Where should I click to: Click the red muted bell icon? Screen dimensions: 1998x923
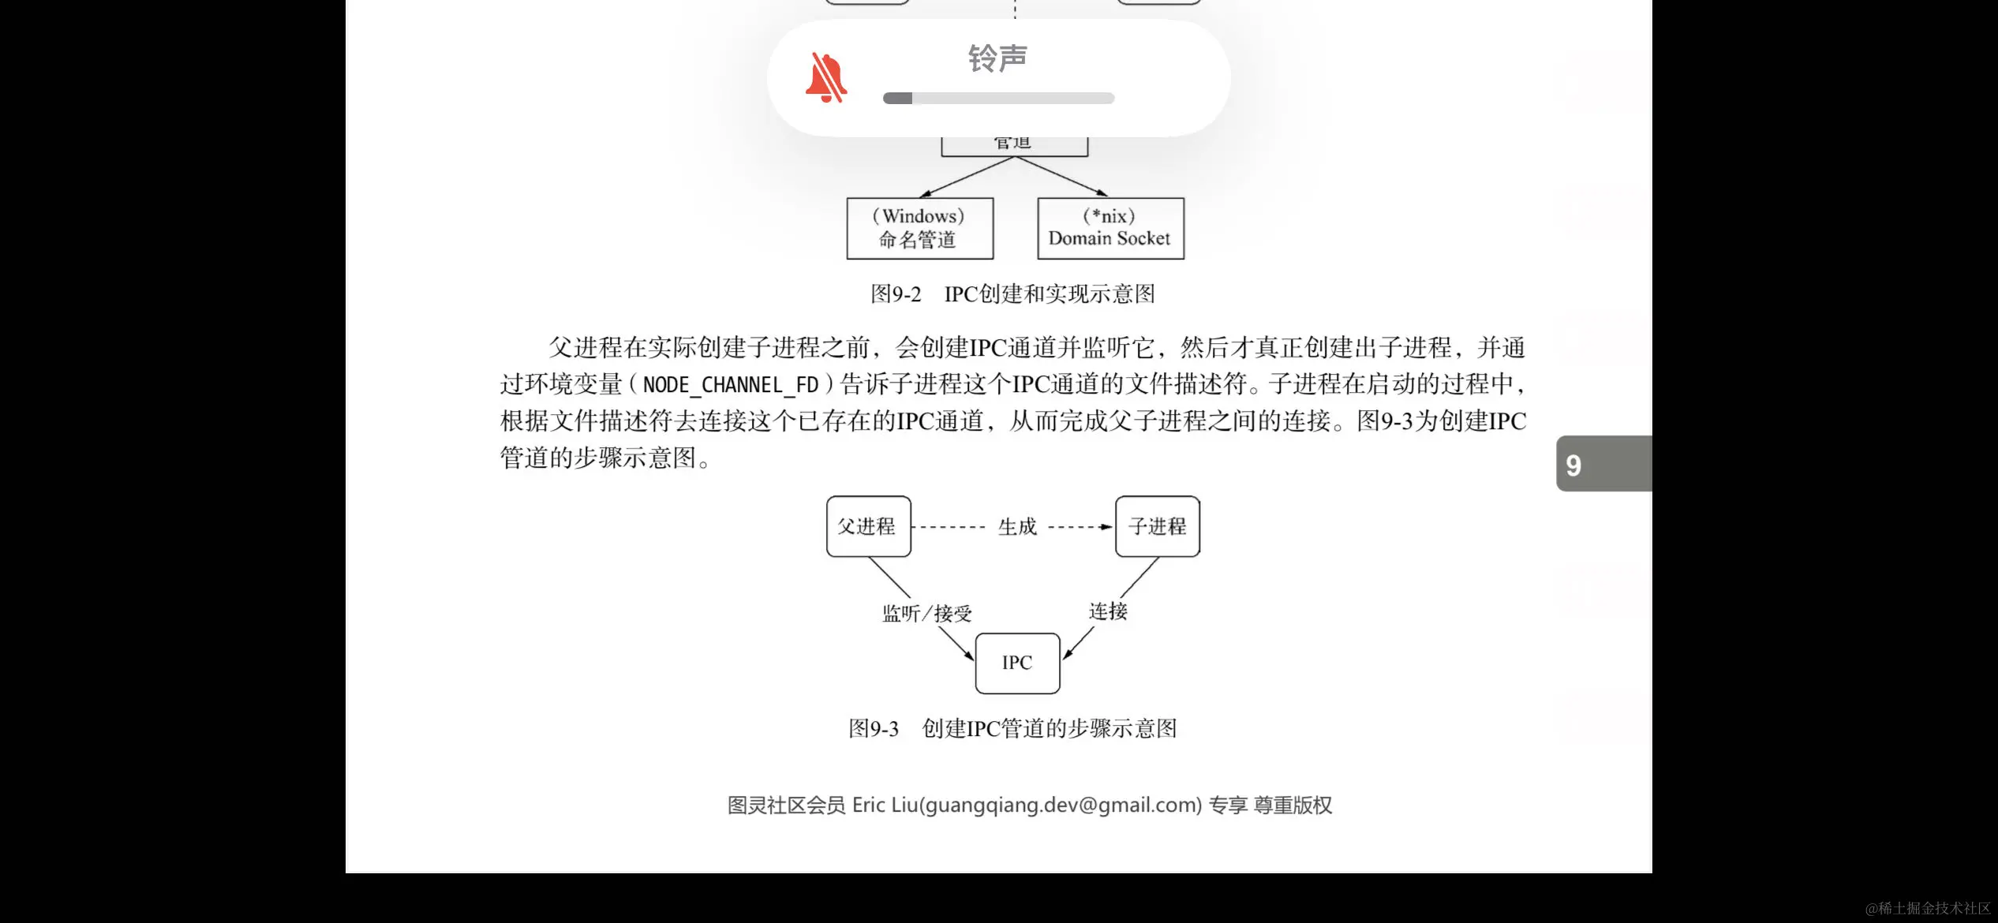click(825, 77)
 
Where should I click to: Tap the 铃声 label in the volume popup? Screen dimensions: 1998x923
click(997, 58)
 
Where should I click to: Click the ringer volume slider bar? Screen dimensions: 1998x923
click(998, 99)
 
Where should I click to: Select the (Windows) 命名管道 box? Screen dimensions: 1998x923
click(919, 228)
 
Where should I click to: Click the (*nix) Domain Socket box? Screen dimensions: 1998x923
click(1110, 228)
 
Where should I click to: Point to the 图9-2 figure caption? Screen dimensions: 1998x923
click(1012, 294)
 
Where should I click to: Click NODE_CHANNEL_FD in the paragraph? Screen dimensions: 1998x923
click(731, 385)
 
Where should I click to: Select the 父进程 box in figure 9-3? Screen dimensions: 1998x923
click(868, 526)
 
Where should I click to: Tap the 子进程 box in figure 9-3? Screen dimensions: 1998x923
click(1157, 526)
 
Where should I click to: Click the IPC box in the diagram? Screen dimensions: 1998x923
click(1017, 663)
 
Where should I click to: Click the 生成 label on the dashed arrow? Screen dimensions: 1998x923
click(1017, 526)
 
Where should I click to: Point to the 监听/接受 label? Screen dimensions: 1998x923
click(926, 613)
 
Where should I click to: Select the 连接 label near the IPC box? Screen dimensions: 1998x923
click(1108, 611)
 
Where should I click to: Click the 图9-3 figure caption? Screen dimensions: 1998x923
click(1012, 728)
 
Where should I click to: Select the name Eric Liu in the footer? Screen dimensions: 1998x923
click(885, 805)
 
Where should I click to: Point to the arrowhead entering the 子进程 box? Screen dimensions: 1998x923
click(1106, 526)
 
